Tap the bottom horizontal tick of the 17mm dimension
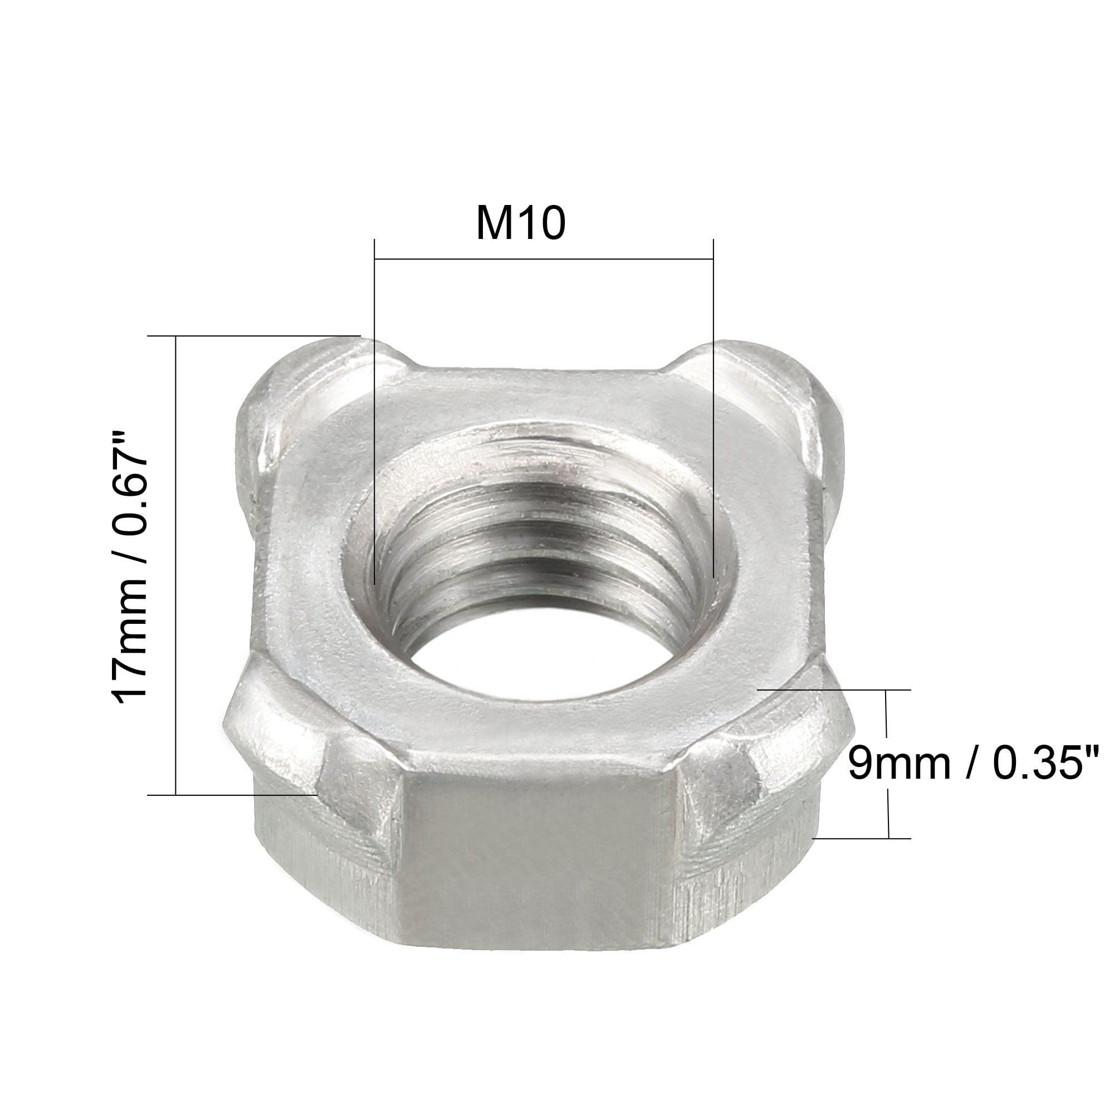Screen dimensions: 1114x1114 [x=231, y=795]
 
